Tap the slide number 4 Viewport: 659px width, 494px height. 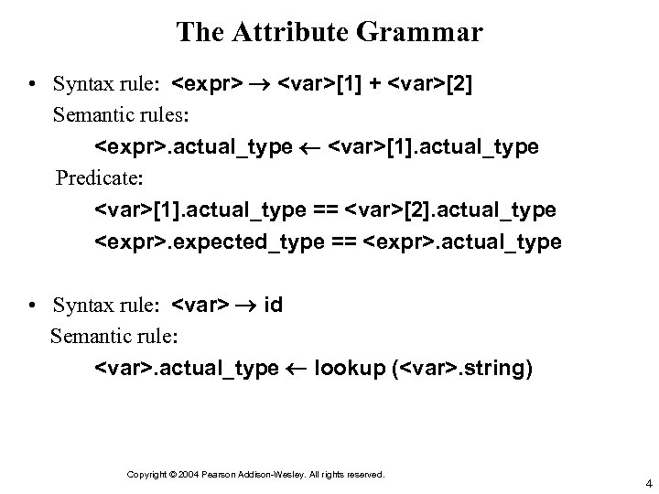coord(647,483)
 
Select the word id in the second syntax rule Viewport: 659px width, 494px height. coord(273,305)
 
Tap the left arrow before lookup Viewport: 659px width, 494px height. coord(297,370)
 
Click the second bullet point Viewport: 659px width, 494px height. coord(31,306)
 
